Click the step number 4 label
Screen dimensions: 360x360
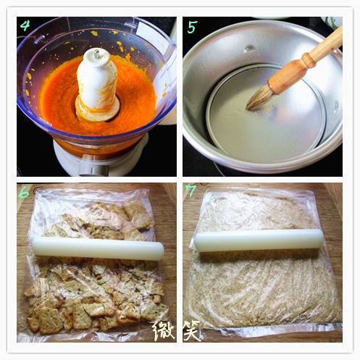pos(25,25)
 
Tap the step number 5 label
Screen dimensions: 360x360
pos(192,27)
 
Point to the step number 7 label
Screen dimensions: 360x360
pos(191,191)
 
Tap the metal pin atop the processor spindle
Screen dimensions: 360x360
pos(97,54)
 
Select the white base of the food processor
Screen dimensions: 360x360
pos(101,159)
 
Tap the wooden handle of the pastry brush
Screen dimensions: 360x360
pos(306,62)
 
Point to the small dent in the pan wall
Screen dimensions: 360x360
pos(249,49)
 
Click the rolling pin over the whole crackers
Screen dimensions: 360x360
pos(98,249)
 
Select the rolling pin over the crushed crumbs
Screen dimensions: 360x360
pos(259,240)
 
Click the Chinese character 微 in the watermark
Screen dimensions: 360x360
pos(164,330)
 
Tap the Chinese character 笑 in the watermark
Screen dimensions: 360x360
pos(193,330)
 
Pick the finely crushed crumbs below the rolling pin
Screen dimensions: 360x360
pos(263,288)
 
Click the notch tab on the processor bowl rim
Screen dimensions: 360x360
pos(131,24)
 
